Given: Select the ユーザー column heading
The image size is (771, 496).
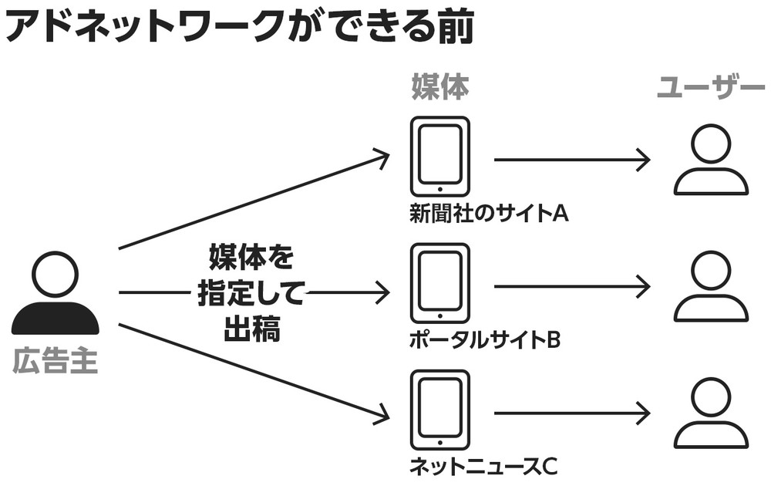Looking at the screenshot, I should pos(710,89).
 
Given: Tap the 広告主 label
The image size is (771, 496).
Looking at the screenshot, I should pos(55,362).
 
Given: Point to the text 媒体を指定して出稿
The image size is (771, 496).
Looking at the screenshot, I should pos(251,293).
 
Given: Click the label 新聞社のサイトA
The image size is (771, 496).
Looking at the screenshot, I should pos(489,212).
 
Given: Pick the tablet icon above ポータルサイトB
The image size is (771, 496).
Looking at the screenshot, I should pos(439,284).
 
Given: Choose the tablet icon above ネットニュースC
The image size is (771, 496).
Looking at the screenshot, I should pos(439,410).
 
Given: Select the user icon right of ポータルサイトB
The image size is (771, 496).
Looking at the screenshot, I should pos(710,287).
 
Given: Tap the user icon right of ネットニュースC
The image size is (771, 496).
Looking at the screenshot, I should pos(710,413).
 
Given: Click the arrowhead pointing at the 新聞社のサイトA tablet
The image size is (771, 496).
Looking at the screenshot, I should pos(379,157).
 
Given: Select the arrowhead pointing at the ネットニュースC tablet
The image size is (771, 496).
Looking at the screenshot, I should pos(379,417).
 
